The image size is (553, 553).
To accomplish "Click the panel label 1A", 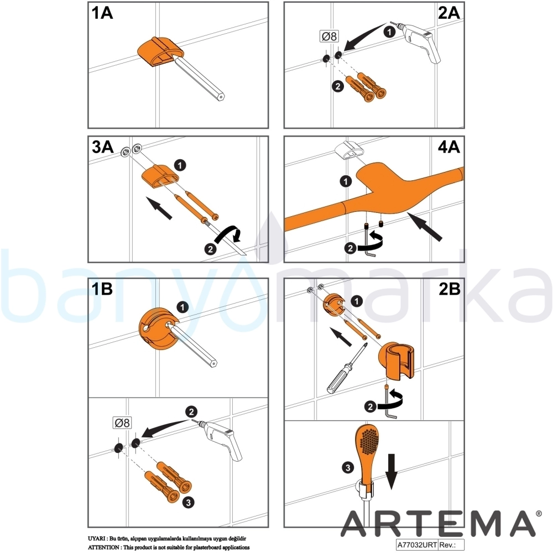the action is pos(102,13).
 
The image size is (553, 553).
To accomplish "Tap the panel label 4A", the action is pos(448,147).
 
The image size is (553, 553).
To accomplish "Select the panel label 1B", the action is pos(102,289).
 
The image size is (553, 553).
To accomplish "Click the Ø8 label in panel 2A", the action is pos(329,36).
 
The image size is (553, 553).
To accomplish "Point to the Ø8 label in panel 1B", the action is pos(122,422).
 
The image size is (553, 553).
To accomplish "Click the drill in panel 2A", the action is pos(419,41).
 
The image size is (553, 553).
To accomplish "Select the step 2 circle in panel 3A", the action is pos(211,249).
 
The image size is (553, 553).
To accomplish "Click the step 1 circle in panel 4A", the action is pos(346,181).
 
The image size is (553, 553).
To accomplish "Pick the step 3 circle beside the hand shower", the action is pos(348,468).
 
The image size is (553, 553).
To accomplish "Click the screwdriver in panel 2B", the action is pos(347,368).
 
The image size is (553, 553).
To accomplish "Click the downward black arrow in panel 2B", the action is pos(391,472).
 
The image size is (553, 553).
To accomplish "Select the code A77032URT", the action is pos(417,545).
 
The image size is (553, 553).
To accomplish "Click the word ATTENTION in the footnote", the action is pos(103,547).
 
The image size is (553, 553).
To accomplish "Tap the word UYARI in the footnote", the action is pos(96,539).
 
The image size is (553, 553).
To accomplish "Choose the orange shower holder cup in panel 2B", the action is pos(397,361).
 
